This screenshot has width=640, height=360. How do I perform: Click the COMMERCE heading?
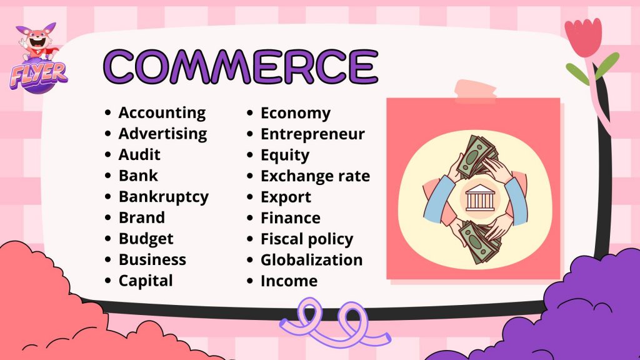241,66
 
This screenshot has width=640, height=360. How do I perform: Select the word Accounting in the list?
162,113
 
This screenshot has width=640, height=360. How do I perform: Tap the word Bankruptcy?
164,197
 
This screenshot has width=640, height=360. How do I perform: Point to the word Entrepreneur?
312,134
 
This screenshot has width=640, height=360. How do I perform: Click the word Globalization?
311,260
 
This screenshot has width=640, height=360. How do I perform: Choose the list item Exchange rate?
315,176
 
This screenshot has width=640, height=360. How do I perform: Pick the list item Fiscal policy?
307,239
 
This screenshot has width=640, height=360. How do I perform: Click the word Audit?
139,155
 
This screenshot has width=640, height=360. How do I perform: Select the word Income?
289,281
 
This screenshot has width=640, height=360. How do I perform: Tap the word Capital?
146,281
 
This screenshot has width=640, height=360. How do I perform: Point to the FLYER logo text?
38,75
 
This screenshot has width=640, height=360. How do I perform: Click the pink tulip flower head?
584,37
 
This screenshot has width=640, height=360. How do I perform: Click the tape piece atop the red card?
475,91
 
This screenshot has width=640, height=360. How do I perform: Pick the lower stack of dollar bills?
479,242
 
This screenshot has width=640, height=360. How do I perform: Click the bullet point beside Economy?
250,113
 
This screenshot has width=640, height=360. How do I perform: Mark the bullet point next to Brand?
107,218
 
